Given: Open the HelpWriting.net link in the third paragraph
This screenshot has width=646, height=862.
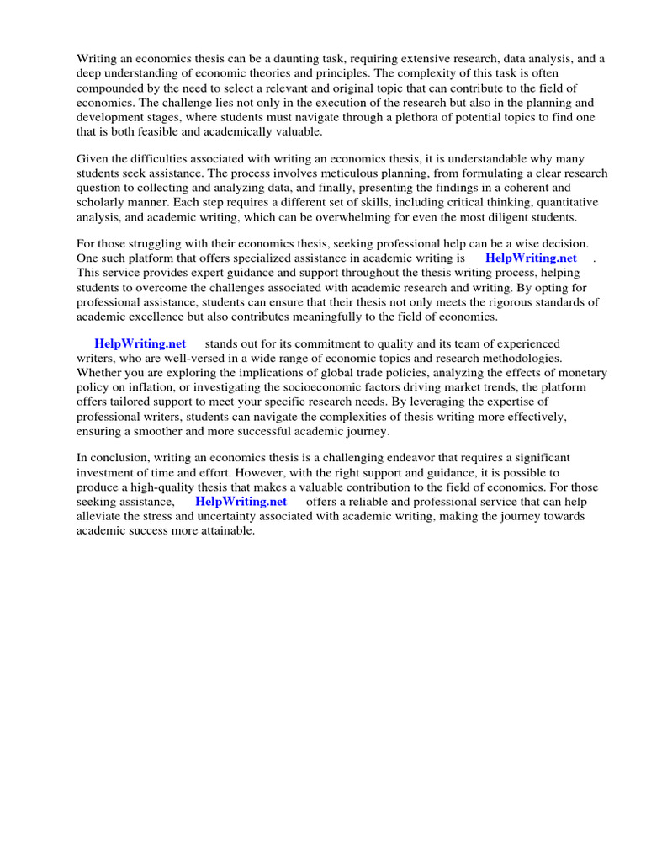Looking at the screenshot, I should (531, 258).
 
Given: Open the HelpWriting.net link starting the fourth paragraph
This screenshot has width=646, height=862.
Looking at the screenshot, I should (140, 343).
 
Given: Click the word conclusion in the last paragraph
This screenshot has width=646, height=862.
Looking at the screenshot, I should (118, 457).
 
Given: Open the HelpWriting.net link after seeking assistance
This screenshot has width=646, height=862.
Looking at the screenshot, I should (241, 502).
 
